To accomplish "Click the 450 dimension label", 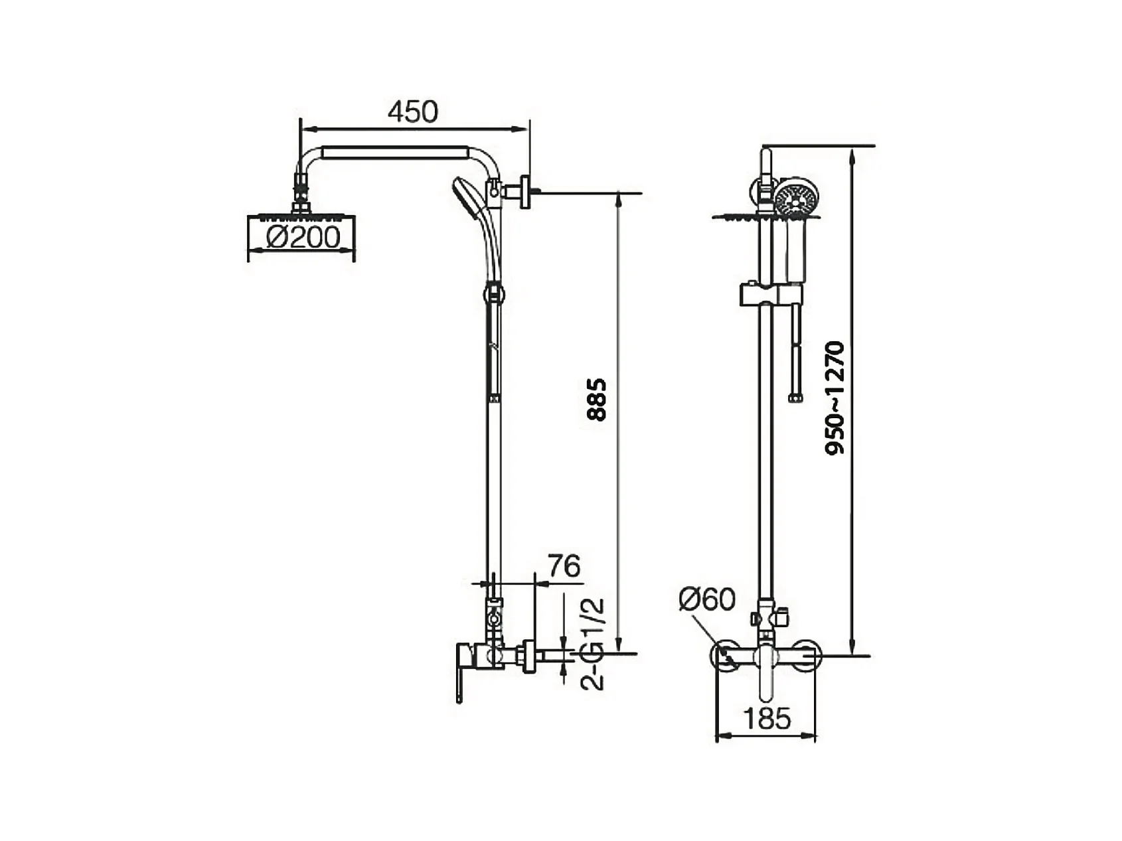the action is [413, 112].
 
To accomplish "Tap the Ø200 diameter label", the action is [303, 237].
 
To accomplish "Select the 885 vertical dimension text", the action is [597, 400].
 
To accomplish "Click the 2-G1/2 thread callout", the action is [593, 644].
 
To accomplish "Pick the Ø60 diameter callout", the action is [707, 599].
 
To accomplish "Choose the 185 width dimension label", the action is [767, 718].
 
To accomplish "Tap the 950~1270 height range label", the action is [835, 398].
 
